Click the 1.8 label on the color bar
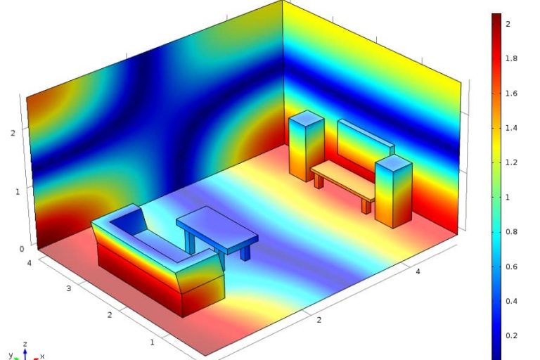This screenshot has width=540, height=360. click(511, 58)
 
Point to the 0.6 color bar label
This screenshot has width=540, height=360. click(511, 266)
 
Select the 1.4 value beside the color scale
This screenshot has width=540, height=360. click(511, 128)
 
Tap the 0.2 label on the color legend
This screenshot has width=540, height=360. click(511, 336)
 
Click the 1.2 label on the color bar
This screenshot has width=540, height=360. click(511, 162)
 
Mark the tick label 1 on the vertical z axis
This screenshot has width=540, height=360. click(18, 192)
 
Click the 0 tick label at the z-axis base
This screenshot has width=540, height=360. click(22, 249)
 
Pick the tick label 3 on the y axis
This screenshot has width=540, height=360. click(69, 288)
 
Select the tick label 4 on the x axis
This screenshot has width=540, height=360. click(418, 271)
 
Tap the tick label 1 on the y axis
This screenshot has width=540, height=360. click(152, 342)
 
